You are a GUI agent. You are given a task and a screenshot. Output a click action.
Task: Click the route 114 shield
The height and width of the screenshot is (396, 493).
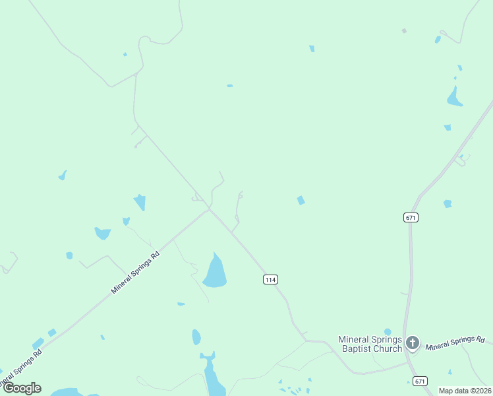tap(270, 280)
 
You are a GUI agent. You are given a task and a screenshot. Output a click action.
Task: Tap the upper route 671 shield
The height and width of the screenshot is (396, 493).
tap(411, 217)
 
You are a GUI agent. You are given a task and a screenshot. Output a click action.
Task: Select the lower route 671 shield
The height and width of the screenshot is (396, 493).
tap(420, 381)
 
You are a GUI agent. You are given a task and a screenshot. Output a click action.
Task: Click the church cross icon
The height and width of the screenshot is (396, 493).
tap(413, 343)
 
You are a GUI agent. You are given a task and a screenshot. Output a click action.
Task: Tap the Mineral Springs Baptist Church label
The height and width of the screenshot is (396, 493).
tap(370, 344)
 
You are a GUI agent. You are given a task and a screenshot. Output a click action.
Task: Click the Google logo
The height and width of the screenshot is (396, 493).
tap(22, 388)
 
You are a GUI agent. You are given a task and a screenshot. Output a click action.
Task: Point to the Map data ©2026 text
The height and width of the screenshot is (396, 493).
tap(465, 391)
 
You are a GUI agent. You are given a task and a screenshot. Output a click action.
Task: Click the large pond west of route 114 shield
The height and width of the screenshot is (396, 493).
tap(215, 271)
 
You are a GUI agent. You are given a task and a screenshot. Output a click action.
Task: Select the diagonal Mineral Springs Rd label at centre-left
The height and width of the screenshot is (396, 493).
tap(136, 271)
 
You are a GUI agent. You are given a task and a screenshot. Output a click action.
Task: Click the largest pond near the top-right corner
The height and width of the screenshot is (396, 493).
tap(454, 98)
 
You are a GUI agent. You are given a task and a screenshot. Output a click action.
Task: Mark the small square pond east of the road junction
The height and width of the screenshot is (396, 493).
tap(301, 200)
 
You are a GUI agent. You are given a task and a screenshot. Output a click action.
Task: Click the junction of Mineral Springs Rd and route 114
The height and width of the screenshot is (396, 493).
tap(210, 209)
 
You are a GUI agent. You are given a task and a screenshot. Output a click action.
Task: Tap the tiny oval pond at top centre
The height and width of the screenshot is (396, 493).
tap(229, 86)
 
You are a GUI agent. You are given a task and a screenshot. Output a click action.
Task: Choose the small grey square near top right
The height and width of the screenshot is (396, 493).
tap(404, 30)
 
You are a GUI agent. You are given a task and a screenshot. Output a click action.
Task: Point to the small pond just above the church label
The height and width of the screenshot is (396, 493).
tap(388, 331)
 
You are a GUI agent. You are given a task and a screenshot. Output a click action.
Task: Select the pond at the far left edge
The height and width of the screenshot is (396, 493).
tap(63, 176)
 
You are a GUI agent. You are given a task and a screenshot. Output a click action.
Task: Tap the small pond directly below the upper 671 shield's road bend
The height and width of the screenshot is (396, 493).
tap(448, 204)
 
